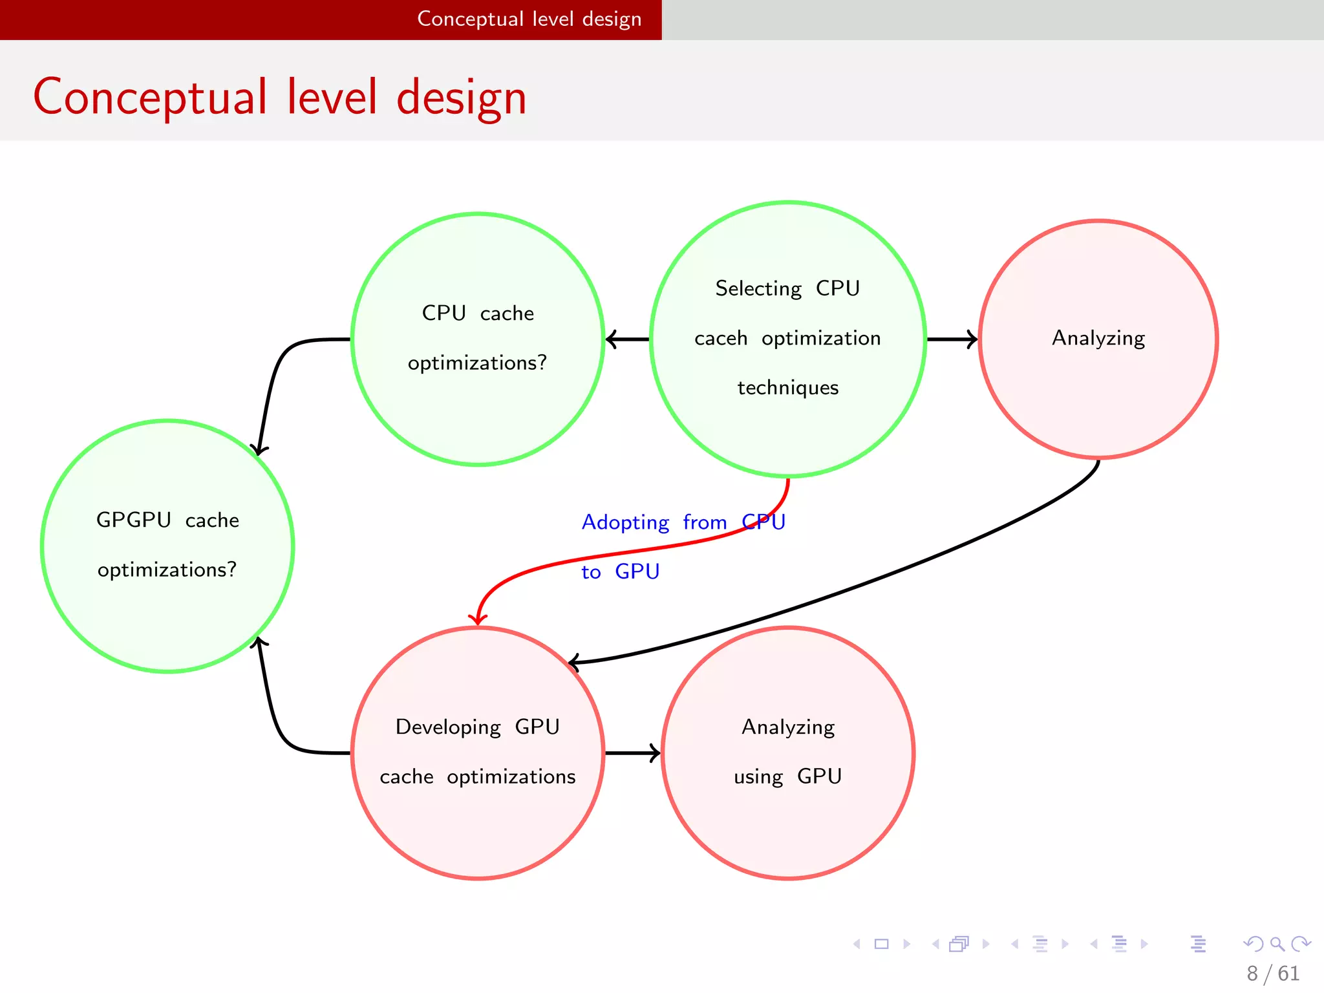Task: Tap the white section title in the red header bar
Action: [529, 19]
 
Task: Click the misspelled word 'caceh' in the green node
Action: [720, 338]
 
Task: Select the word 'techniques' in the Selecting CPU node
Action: [787, 387]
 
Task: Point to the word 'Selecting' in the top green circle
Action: [758, 288]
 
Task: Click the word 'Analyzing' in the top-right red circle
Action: [1098, 338]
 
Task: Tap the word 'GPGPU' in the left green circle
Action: [133, 520]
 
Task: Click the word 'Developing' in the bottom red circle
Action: [447, 727]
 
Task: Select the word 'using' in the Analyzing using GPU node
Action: [758, 776]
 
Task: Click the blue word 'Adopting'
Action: [625, 522]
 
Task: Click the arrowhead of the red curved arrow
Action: [478, 619]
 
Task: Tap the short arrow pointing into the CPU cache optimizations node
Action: [626, 339]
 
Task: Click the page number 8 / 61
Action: [1272, 973]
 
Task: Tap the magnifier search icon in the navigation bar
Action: [1277, 944]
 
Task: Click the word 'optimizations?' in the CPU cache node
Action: [477, 363]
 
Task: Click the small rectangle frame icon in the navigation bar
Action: [881, 944]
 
